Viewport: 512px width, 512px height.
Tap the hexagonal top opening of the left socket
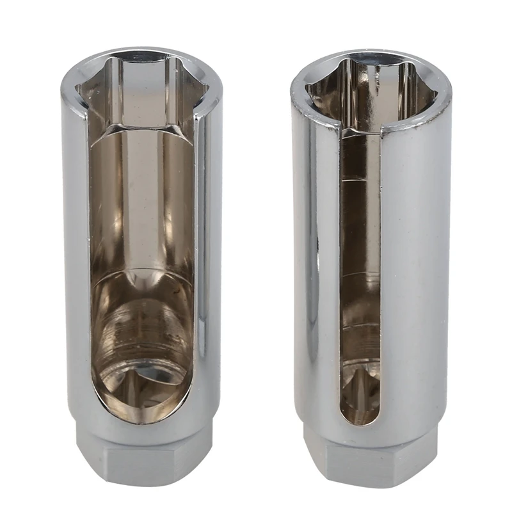click(x=142, y=90)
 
